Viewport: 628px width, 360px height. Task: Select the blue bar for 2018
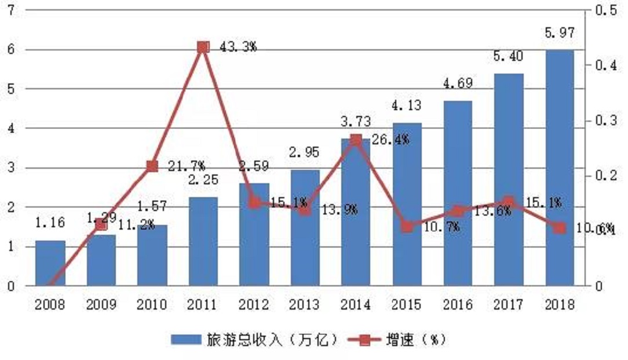coord(559,168)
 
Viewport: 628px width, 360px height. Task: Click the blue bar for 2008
coord(50,263)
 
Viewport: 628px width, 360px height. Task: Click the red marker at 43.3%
coord(203,47)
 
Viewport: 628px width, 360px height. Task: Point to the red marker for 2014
coord(356,140)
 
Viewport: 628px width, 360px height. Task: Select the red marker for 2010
coord(152,166)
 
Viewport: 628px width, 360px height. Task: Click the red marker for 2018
coord(559,228)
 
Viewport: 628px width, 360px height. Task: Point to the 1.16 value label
coord(50,222)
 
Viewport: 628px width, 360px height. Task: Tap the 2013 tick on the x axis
coord(305,304)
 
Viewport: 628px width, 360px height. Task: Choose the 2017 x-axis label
coord(508,304)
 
